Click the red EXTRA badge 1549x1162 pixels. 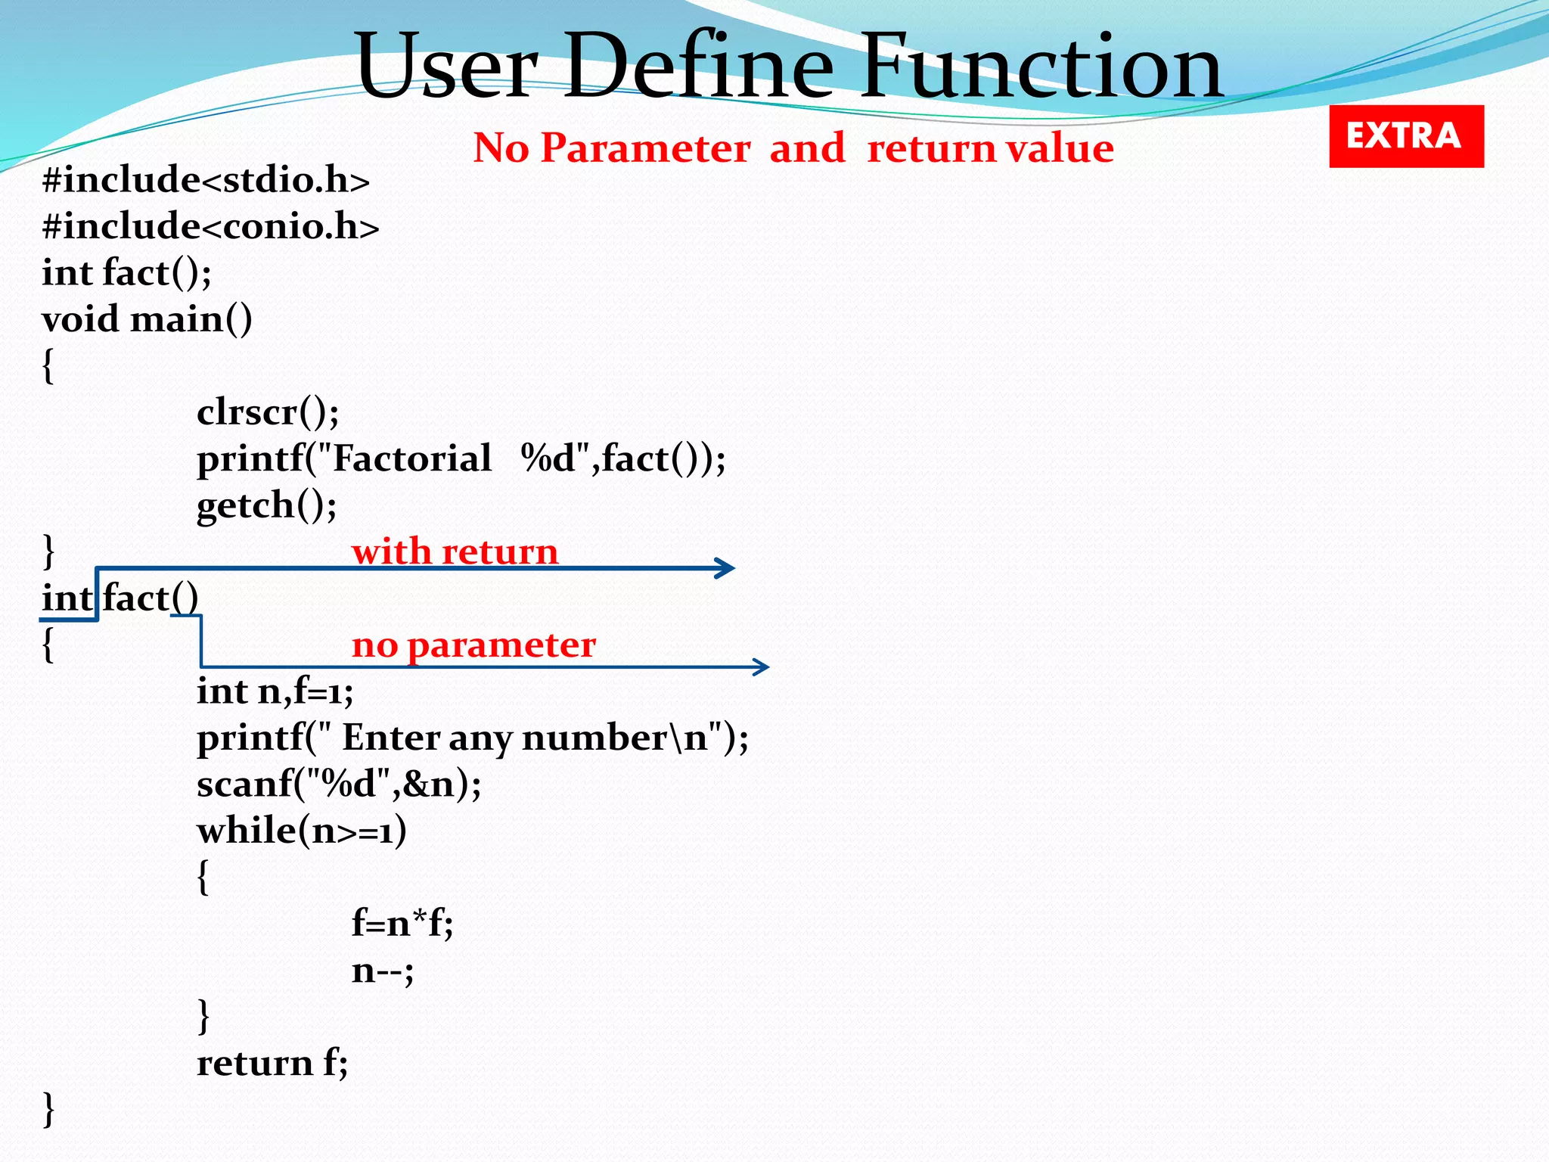[x=1406, y=136]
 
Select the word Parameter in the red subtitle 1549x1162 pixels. [x=645, y=148]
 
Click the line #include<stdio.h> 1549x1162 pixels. [x=206, y=181]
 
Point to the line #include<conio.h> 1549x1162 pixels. [x=210, y=227]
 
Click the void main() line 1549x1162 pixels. [x=147, y=319]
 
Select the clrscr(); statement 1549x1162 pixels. [x=268, y=413]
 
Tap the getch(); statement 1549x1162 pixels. [x=266, y=505]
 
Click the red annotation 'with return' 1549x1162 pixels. [x=455, y=551]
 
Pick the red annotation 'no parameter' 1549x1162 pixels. [x=473, y=645]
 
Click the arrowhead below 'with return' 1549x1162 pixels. [x=726, y=568]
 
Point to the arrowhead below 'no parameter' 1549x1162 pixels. [x=762, y=666]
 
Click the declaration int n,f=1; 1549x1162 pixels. [x=275, y=691]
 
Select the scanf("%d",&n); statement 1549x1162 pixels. [x=339, y=785]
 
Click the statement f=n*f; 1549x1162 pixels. [x=402, y=924]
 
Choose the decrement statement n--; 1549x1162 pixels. [x=383, y=971]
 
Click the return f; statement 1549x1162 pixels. [x=272, y=1064]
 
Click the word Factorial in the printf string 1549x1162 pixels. [x=412, y=459]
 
